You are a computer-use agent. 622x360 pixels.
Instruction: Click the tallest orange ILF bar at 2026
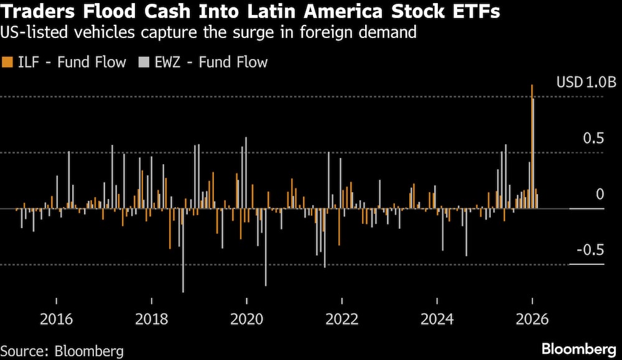coord(532,149)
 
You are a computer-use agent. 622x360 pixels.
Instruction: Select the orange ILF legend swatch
coord(7,62)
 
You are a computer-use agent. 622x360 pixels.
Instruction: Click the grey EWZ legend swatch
coord(144,62)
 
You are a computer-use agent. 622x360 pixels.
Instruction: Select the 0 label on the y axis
coord(600,194)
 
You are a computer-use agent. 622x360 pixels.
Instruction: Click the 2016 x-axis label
coord(56,320)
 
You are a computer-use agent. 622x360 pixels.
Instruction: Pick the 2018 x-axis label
coord(151,320)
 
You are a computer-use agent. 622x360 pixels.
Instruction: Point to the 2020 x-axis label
coord(246,320)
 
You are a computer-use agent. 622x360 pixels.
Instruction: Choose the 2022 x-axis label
coord(341,320)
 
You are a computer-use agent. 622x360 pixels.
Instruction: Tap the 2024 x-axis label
coord(437,320)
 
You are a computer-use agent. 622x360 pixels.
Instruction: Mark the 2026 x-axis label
coord(532,320)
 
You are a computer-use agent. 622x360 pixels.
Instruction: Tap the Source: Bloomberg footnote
coord(62,351)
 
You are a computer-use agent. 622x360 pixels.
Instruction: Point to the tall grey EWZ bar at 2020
coord(246,174)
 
